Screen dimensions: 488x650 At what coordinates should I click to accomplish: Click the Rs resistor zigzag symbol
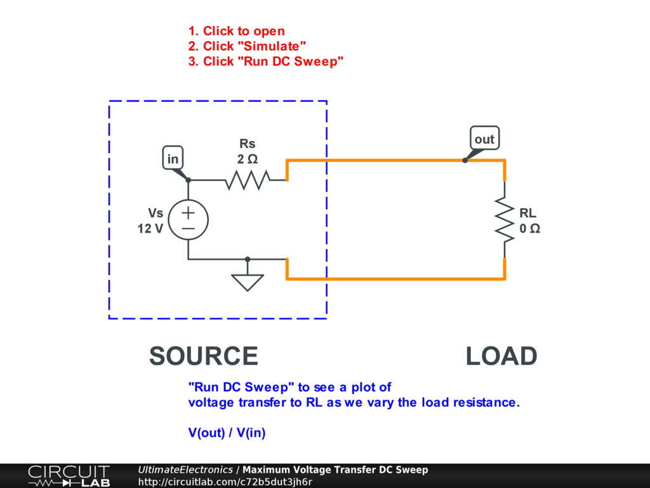(248, 180)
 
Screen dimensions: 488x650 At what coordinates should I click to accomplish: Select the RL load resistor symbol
(505, 219)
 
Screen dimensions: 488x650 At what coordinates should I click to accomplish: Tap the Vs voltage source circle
(189, 219)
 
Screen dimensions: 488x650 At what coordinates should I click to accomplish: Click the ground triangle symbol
(248, 281)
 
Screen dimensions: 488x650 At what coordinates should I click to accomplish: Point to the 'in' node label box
(173, 159)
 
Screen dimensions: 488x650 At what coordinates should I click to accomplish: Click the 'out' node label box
(484, 139)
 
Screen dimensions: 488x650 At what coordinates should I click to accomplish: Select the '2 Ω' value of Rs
(248, 159)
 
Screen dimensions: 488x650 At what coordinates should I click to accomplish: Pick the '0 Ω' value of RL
(530, 229)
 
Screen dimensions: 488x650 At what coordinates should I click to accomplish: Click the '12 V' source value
(150, 229)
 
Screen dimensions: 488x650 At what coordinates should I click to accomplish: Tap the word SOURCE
(203, 356)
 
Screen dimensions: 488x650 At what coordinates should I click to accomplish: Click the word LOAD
(501, 356)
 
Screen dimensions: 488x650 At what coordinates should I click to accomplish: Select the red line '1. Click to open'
(237, 31)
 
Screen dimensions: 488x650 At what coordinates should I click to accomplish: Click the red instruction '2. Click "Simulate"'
(248, 46)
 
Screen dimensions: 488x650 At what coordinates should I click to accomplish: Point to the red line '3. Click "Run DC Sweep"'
(266, 62)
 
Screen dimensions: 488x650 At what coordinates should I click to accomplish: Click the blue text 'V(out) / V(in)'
(227, 433)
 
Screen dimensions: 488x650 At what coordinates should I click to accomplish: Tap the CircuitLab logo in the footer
(68, 476)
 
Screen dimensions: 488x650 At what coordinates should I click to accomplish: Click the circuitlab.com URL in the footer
(225, 482)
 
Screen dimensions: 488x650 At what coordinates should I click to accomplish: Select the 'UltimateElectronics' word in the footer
(185, 470)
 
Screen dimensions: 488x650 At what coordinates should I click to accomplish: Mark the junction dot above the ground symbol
(248, 259)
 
